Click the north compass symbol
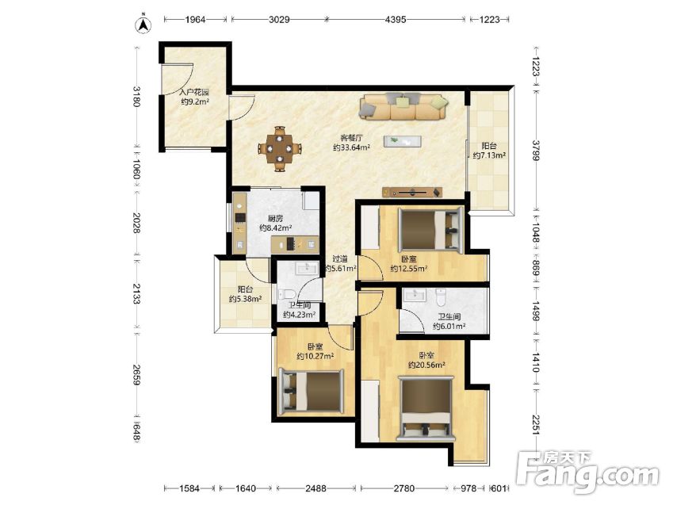pos(143,25)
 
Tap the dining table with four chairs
pos(280,149)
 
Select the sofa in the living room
pos(403,106)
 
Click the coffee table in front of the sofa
pos(403,141)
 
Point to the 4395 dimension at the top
pos(396,19)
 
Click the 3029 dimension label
pos(279,19)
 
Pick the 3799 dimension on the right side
pos(536,151)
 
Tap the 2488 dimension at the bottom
pos(315,488)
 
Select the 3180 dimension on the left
pos(136,96)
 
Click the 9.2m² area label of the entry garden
pos(195,101)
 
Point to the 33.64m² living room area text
pos(352,147)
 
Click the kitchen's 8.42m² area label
pos(276,228)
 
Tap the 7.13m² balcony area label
pos(489,155)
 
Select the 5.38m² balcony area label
pos(246,299)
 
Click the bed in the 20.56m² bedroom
pos(426,408)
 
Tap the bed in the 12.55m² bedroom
pos(431,228)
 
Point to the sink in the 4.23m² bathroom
pos(307,269)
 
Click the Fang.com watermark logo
pos(587,472)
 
